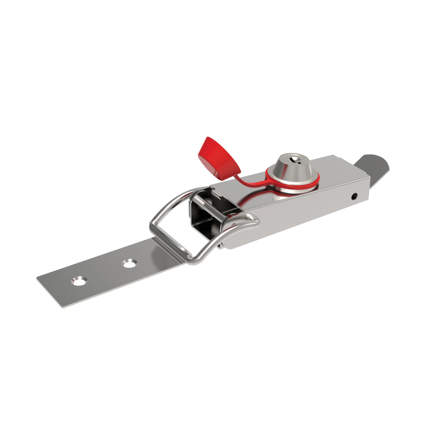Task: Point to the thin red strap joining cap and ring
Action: [x=250, y=182]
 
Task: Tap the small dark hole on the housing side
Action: [x=355, y=197]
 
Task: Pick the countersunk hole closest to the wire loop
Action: [x=130, y=263]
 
